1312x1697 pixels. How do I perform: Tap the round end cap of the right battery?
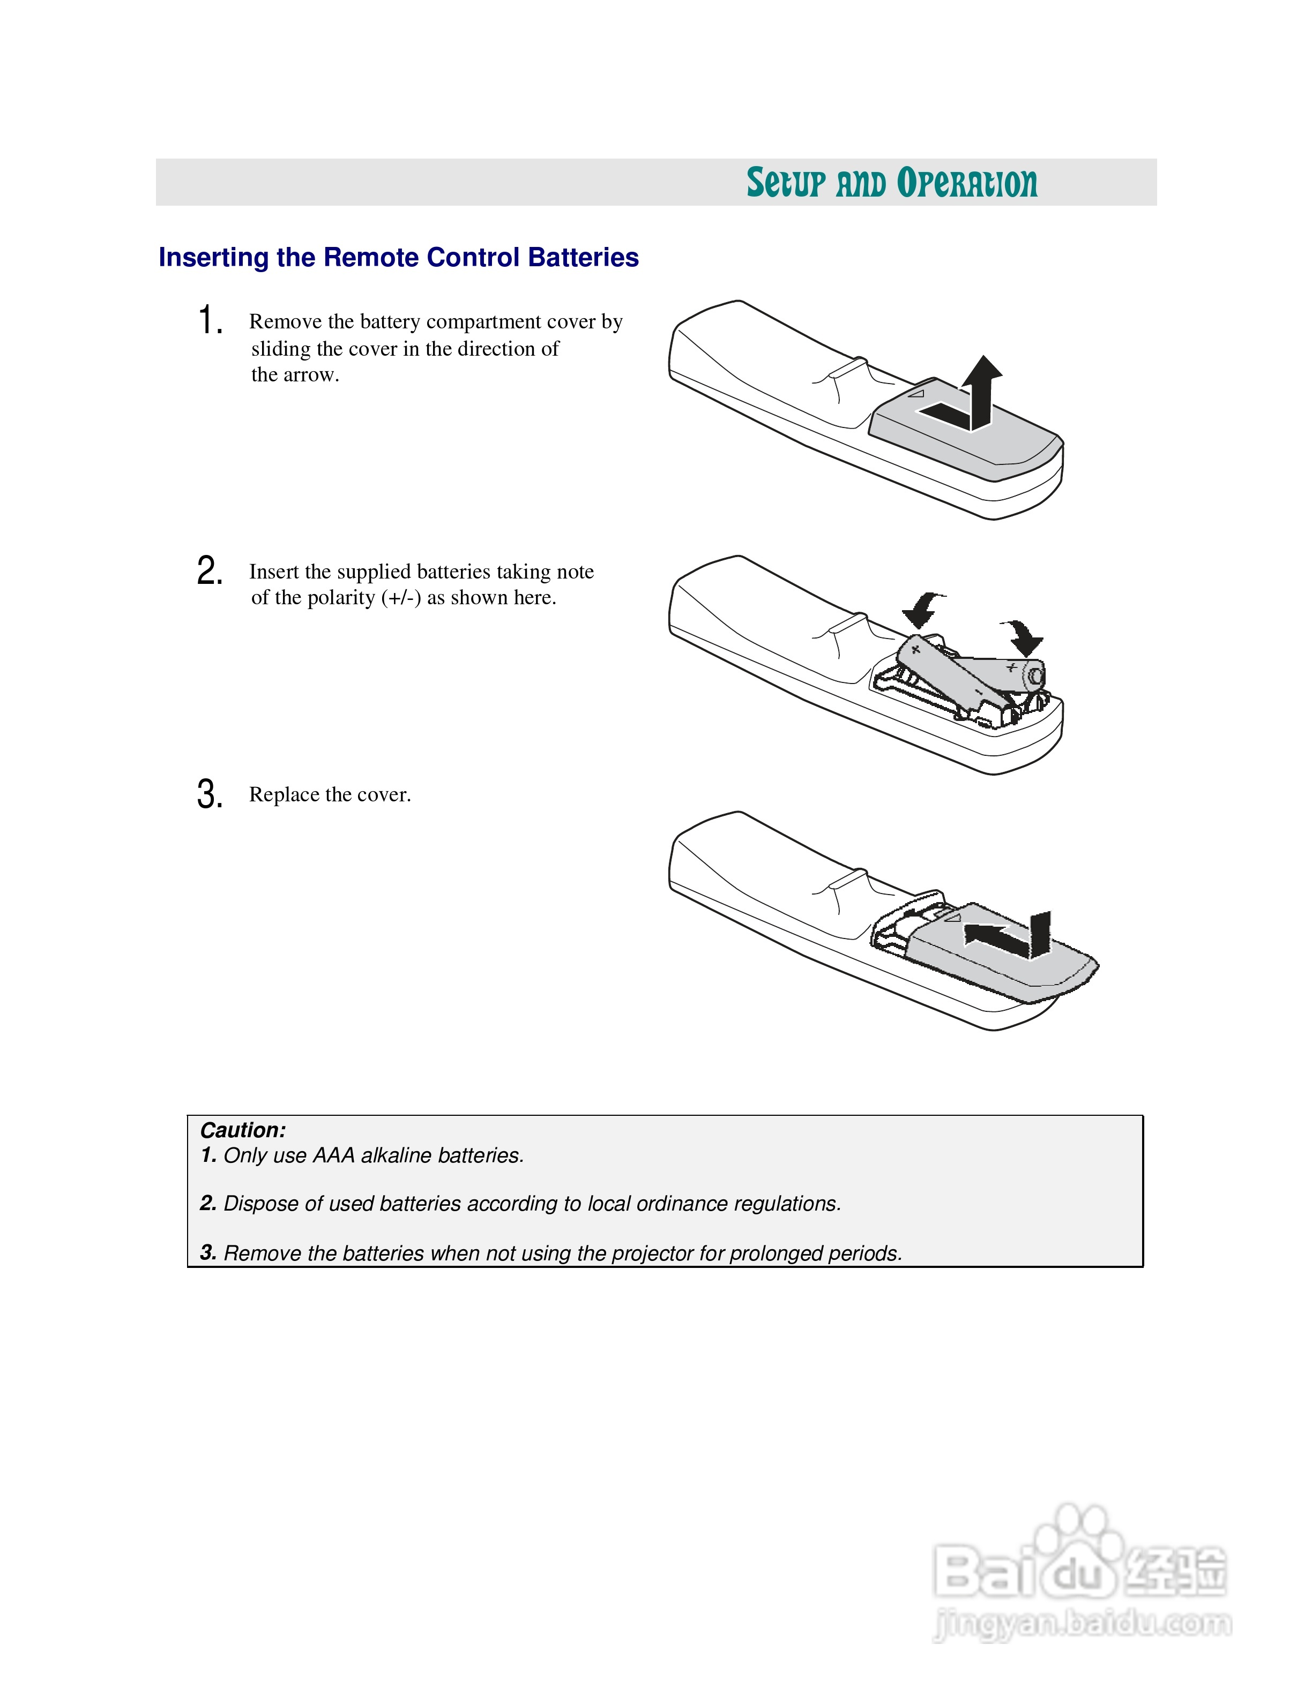(1035, 676)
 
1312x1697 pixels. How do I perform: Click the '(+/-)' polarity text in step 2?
(401, 597)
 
